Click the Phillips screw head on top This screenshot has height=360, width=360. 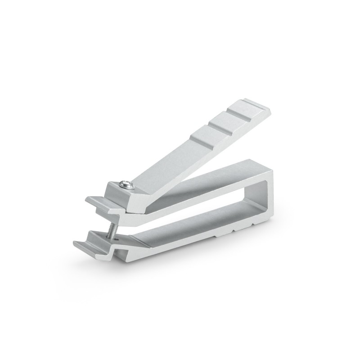point(126,183)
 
